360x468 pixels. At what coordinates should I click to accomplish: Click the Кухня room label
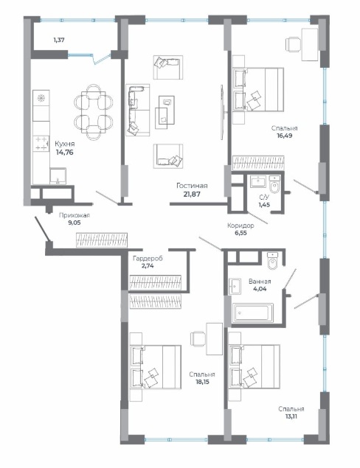tap(64, 144)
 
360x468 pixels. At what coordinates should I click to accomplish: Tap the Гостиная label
tap(192, 186)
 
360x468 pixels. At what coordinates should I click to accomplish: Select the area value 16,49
tap(284, 136)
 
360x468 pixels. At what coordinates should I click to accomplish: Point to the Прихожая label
tap(75, 215)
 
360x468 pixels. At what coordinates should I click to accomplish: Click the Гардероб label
tap(148, 259)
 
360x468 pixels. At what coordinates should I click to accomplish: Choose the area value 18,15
tap(201, 382)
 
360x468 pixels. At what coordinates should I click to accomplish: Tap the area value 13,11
tap(291, 416)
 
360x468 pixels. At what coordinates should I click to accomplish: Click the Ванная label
tap(260, 282)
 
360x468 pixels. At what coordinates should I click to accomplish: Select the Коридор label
tap(240, 226)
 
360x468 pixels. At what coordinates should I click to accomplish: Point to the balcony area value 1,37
tap(59, 40)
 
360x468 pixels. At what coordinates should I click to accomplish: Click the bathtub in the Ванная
tap(253, 312)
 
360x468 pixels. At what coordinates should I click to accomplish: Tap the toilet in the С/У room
tap(274, 184)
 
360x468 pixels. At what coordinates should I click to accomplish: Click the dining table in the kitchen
tap(94, 112)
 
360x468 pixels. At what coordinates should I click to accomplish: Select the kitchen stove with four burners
tap(41, 143)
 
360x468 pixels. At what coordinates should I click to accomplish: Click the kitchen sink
tap(58, 176)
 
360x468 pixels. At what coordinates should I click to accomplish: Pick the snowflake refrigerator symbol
tap(41, 98)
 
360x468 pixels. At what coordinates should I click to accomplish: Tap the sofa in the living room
tap(138, 110)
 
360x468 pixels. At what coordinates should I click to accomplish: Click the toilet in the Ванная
tap(272, 261)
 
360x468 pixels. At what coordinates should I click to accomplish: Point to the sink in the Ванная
tap(235, 287)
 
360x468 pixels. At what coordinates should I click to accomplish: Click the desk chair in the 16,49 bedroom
tap(293, 45)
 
